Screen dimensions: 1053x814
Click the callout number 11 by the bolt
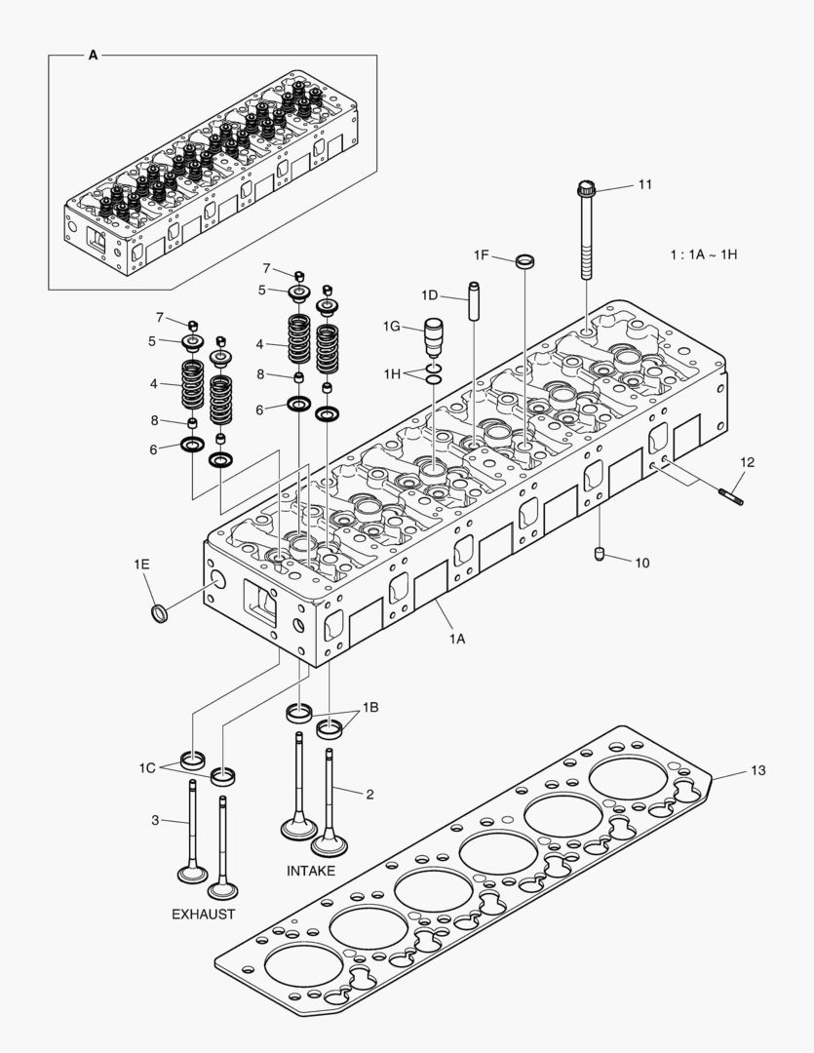(645, 184)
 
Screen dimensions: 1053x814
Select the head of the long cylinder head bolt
(586, 186)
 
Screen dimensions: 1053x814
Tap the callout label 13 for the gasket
(757, 770)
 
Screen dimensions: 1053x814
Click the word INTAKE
(311, 871)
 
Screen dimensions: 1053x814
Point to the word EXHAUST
(203, 914)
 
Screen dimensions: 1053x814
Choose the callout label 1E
(142, 565)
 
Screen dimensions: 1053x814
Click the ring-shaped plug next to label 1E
(159, 614)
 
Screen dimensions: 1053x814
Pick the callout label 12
(746, 461)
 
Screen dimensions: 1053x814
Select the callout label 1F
(482, 254)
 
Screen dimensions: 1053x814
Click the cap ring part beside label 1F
(525, 260)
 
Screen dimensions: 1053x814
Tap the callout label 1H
(392, 373)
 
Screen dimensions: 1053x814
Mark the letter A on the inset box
(94, 56)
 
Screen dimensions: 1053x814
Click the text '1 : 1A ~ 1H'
(703, 254)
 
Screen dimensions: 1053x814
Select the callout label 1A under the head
(457, 639)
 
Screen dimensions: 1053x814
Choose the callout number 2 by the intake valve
(369, 794)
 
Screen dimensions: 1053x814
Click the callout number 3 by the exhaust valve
(155, 820)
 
